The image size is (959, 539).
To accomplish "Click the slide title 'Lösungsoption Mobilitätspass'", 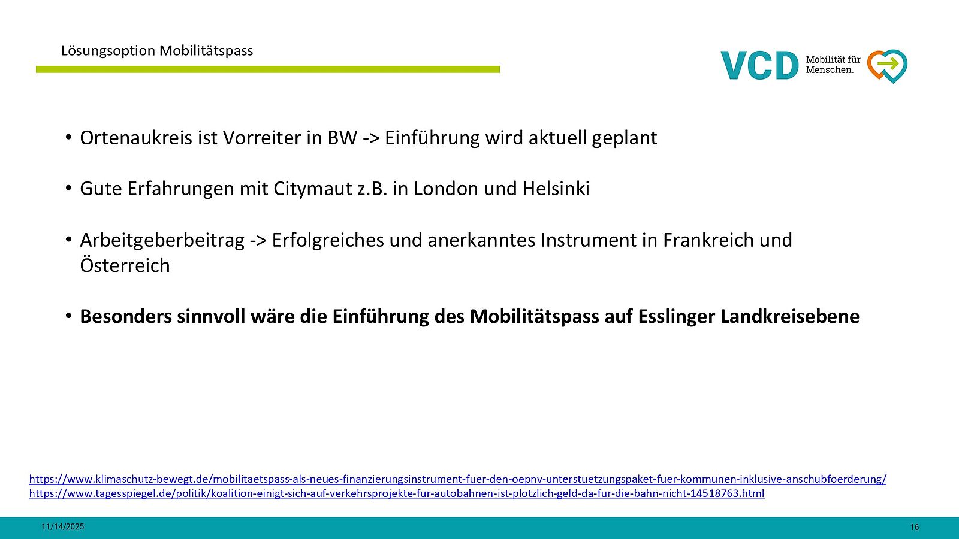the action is pos(156,51).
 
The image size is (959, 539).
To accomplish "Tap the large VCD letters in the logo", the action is pos(759,65).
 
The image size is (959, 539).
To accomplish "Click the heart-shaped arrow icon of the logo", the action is pos(887,66).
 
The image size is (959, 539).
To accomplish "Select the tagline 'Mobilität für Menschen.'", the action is pos(833,65).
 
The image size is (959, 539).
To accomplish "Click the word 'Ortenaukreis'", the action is pos(136,138).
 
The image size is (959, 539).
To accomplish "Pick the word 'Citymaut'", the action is pos(312,189).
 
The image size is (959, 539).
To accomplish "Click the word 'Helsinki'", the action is pos(556,189).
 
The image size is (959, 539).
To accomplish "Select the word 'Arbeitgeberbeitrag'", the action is pos(162,240).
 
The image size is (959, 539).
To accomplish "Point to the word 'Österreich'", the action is pos(125,265).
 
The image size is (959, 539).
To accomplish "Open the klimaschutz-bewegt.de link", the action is pos(458,479).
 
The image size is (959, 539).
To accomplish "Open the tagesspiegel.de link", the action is pos(396,493).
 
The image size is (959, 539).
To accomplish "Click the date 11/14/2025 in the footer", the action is pos(62,527).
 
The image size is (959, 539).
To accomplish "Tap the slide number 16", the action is pos(915,527).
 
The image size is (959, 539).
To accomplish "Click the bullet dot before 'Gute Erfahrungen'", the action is pos(68,188).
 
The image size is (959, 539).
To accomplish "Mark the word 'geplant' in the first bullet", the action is pos(625,138).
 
